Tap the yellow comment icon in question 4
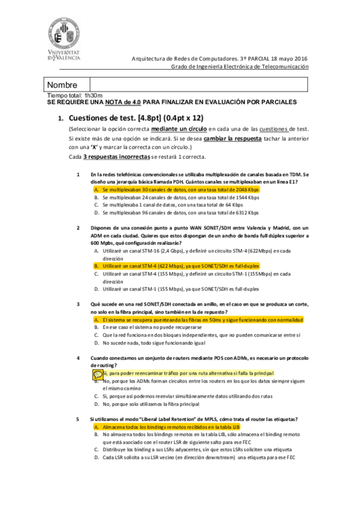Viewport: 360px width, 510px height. click(x=98, y=373)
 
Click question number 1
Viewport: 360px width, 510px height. click(x=78, y=174)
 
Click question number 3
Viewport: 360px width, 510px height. click(x=78, y=305)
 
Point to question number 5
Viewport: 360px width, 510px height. click(x=78, y=419)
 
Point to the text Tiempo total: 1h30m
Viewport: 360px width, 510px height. click(x=75, y=96)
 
